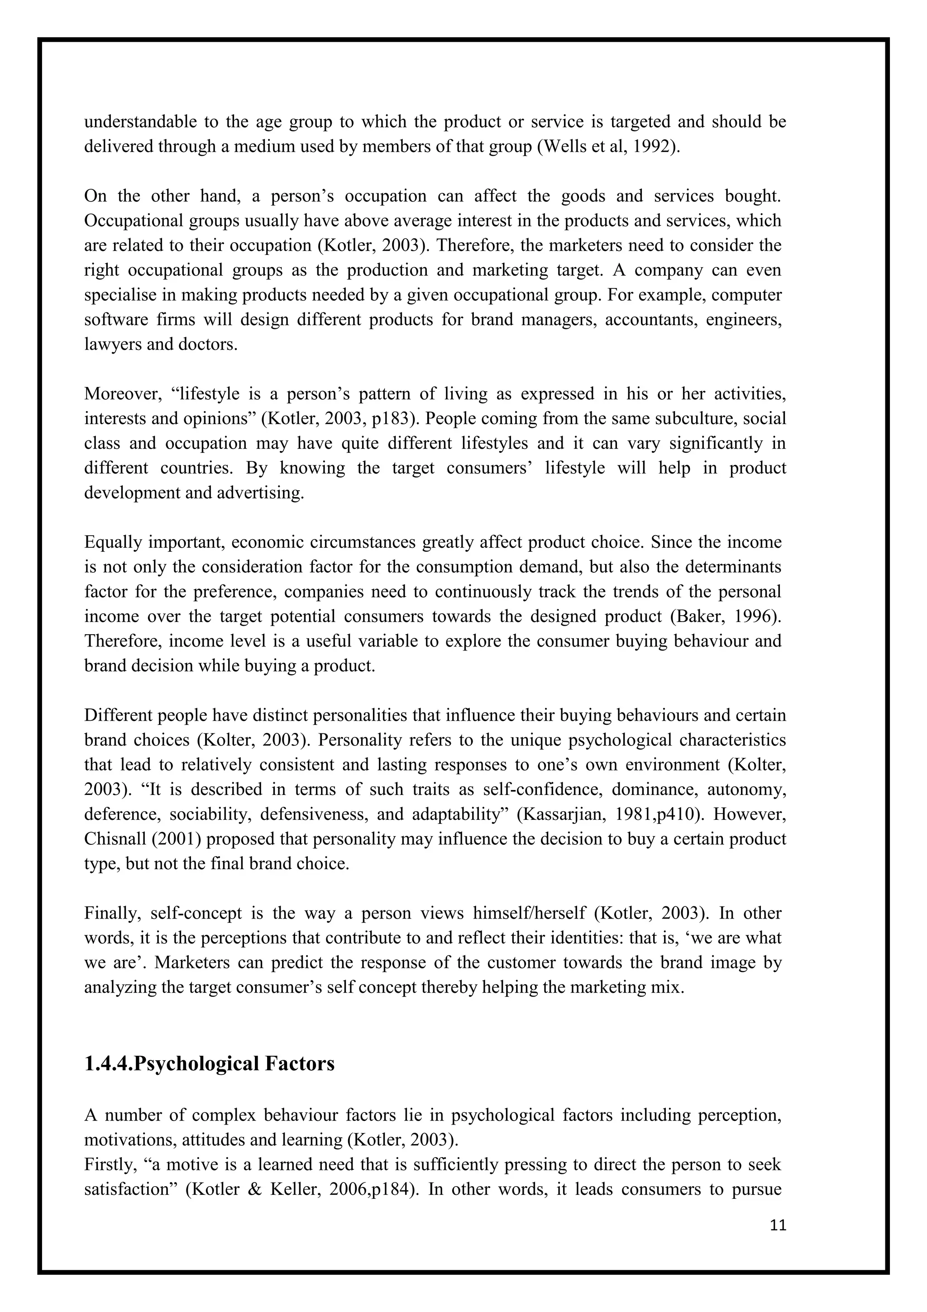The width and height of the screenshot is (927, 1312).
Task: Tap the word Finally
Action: point(112,913)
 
